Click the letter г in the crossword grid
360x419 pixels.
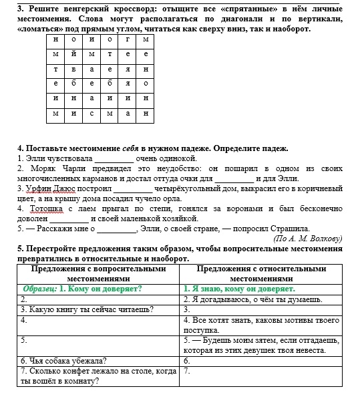point(127,38)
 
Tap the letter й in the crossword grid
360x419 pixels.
point(73,53)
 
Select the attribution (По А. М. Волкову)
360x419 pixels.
point(308,238)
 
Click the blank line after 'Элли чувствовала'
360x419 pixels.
point(114,159)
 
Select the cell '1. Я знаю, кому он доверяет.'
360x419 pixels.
point(239,289)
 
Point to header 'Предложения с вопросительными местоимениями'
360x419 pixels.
point(98,273)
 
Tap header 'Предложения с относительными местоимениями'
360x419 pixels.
point(261,273)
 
